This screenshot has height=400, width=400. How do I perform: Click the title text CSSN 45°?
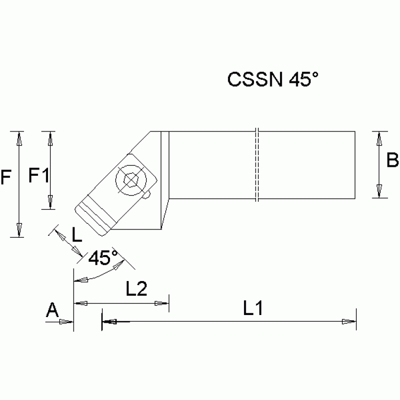(x=272, y=80)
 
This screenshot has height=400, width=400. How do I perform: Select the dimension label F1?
(x=38, y=175)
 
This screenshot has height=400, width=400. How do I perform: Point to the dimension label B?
(x=392, y=161)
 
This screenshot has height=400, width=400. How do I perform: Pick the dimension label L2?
(x=136, y=288)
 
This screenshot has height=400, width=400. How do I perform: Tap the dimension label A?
(x=52, y=311)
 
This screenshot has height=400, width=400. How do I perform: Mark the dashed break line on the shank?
(x=257, y=164)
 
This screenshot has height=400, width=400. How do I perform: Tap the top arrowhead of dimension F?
(x=19, y=138)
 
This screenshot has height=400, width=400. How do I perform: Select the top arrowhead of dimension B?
(x=379, y=138)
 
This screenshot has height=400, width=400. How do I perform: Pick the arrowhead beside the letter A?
(x=66, y=322)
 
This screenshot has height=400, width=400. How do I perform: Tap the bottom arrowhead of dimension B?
(x=379, y=191)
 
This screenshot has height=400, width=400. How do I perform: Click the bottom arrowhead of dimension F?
(x=19, y=230)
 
